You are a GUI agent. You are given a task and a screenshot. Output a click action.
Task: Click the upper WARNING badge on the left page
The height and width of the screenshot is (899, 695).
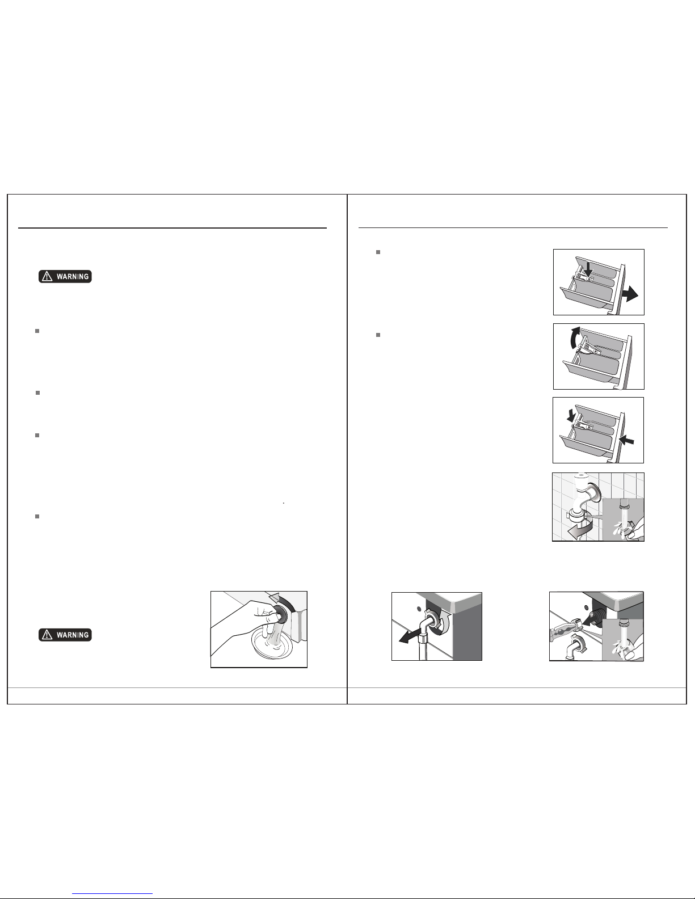coord(65,276)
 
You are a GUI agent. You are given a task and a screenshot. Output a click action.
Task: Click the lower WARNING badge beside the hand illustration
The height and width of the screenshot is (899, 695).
coord(65,635)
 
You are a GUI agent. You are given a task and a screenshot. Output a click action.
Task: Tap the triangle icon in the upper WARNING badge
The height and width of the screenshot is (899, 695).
coord(47,276)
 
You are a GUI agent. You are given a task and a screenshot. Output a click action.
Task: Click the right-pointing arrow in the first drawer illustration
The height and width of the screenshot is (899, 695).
coord(630,294)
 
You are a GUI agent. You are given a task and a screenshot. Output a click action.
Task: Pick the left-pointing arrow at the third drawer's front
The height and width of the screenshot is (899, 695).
coord(627,440)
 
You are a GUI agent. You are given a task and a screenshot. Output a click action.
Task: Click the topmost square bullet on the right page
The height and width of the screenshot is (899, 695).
coord(378,252)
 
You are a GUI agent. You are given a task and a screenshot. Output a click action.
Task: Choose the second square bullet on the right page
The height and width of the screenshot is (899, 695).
coord(378,335)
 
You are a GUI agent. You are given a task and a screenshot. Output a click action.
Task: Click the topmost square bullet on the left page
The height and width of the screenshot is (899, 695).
coord(37,331)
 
